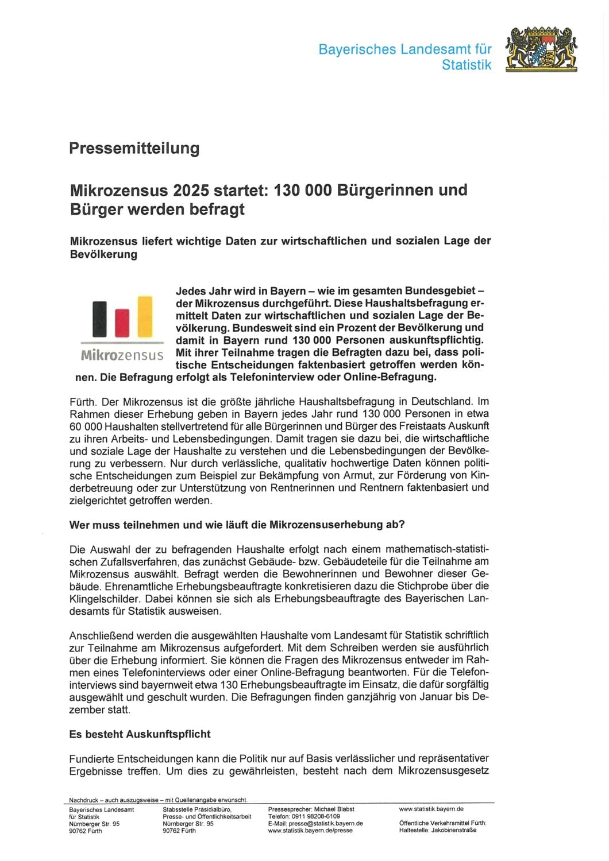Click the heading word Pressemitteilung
tap(134, 148)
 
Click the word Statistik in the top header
tap(467, 65)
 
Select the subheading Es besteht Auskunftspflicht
tap(140, 734)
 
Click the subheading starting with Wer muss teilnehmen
tap(237, 525)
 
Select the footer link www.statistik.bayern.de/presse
tap(310, 831)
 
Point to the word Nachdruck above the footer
tap(82, 800)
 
